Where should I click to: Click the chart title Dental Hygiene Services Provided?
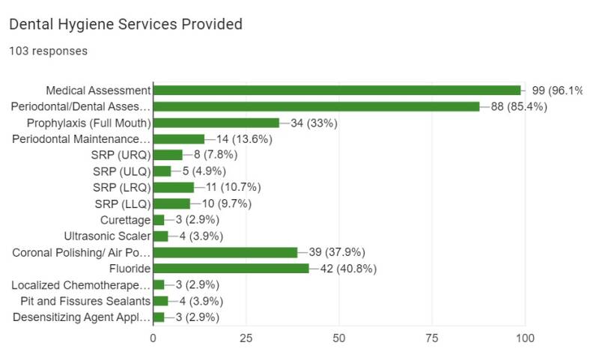click(x=125, y=25)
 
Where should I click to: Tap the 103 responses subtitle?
click(x=48, y=52)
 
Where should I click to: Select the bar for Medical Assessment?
click(x=337, y=91)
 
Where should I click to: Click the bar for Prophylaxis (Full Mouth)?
click(x=216, y=123)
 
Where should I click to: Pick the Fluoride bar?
click(x=231, y=269)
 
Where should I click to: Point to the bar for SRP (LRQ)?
click(x=174, y=187)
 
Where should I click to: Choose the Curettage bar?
click(x=159, y=220)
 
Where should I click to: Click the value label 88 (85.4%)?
click(x=519, y=106)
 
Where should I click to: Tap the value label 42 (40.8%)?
click(x=348, y=269)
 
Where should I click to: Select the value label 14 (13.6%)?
click(x=244, y=139)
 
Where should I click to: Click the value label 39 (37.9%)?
click(x=337, y=252)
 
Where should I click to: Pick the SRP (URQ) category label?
click(x=122, y=155)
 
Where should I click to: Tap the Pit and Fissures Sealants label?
click(x=86, y=301)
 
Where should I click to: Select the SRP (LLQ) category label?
click(x=123, y=204)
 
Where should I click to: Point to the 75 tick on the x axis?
click(x=432, y=338)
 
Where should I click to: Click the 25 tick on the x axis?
click(x=246, y=338)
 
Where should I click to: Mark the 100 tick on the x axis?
click(x=525, y=338)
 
